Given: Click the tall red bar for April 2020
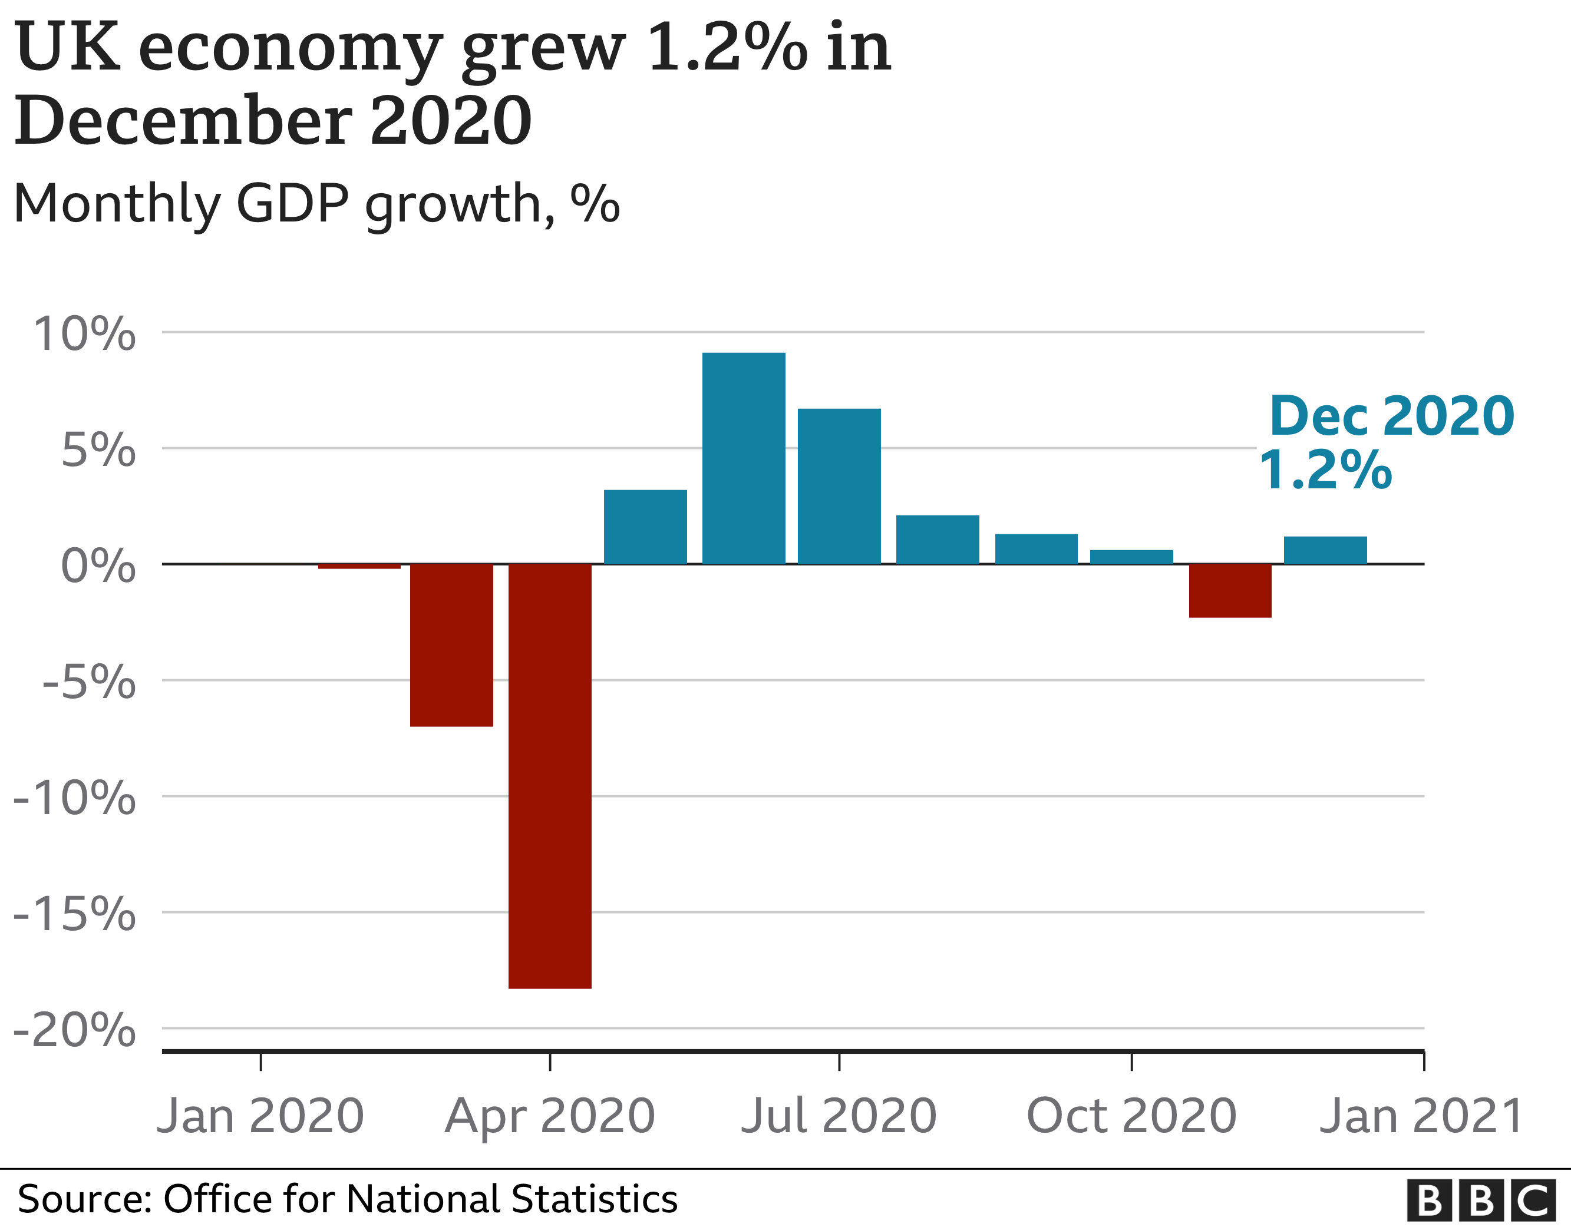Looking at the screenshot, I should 550,775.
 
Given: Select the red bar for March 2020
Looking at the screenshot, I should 451,644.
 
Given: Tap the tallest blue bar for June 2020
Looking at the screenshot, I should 743,458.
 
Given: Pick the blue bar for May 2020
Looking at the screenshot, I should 645,527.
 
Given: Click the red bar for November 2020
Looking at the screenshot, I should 1230,590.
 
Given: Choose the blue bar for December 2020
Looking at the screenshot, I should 1325,550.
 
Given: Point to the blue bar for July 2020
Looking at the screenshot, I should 839,486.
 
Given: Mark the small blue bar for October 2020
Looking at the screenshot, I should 1131,557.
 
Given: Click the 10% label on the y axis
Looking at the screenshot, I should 84,335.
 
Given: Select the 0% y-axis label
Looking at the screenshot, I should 98,566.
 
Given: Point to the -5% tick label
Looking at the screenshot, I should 88,682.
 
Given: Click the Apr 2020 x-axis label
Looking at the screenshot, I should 550,1116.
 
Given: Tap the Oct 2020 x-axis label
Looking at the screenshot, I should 1131,1116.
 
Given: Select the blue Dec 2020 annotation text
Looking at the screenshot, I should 1391,416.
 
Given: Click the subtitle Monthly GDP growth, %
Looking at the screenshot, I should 316,204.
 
